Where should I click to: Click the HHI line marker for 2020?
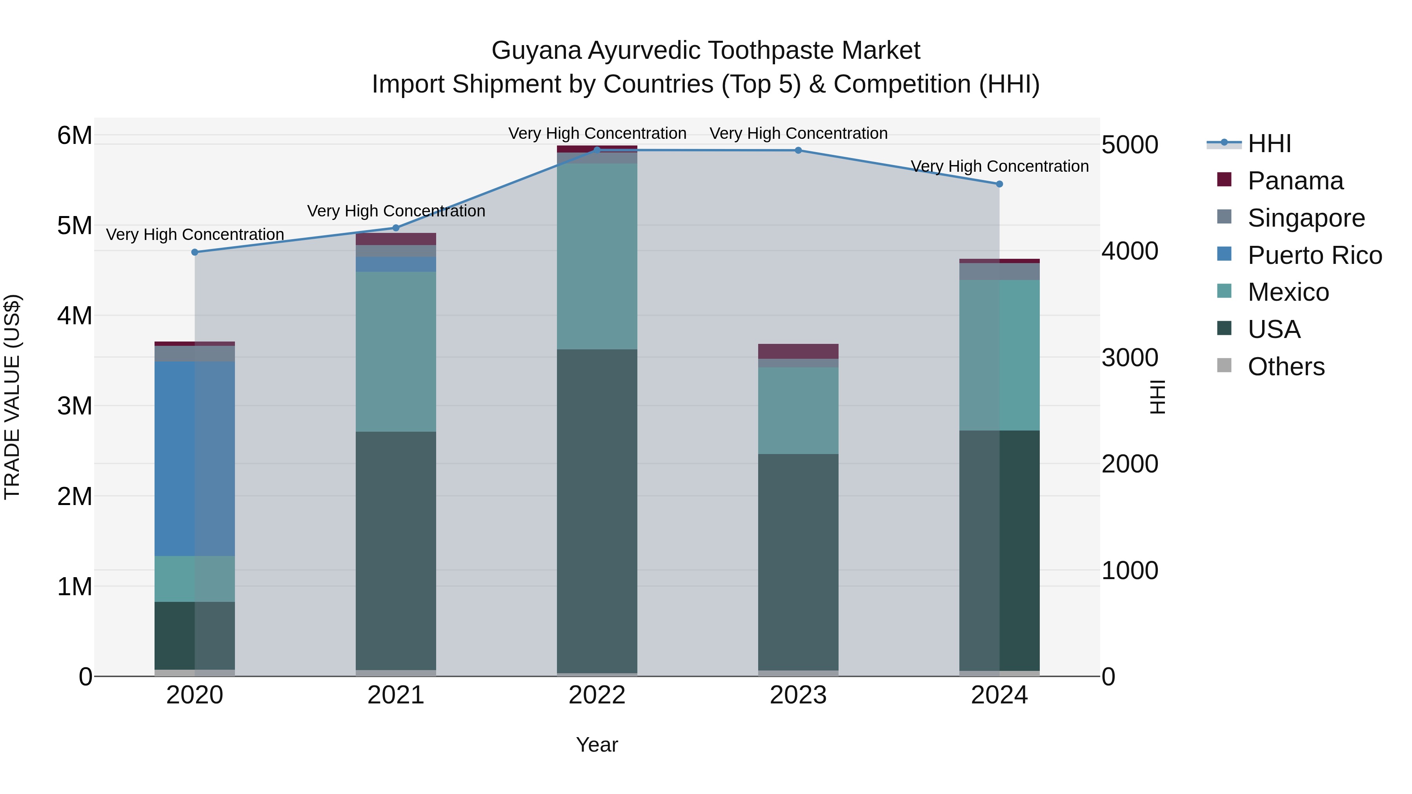[195, 252]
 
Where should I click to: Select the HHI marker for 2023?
[798, 150]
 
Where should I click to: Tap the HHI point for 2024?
[999, 184]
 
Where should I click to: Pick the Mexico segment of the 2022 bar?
[597, 256]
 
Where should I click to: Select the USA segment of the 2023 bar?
[798, 561]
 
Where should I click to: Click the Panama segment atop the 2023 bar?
[798, 351]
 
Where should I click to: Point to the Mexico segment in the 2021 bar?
[396, 351]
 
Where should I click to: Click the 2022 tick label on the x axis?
[597, 695]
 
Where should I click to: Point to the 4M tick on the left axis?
[75, 316]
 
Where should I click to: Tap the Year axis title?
[597, 745]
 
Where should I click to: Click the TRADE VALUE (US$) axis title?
[12, 397]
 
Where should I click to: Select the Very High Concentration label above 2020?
[195, 234]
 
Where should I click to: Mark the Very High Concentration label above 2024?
[999, 166]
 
